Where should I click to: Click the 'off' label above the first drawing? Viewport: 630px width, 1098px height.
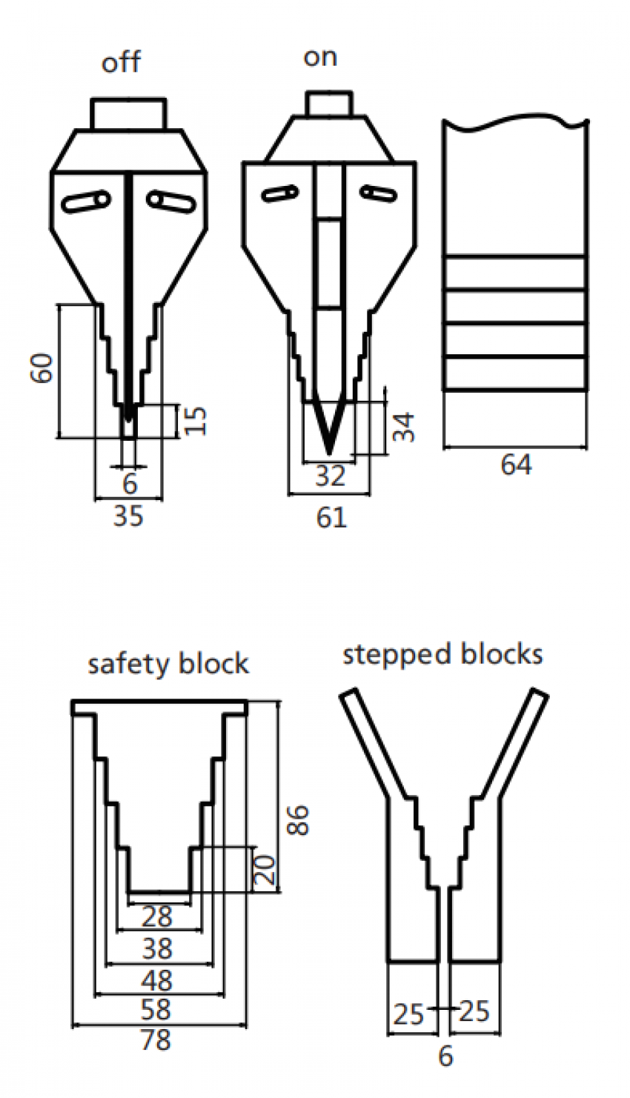click(x=121, y=62)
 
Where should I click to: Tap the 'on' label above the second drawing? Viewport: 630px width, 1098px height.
click(x=320, y=58)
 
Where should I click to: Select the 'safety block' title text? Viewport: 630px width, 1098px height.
click(x=168, y=663)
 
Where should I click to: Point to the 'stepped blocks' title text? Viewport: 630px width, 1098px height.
click(x=442, y=654)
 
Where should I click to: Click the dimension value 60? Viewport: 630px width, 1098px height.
click(x=44, y=368)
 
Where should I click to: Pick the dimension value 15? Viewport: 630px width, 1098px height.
click(x=195, y=420)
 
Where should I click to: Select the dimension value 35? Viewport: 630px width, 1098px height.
click(x=127, y=516)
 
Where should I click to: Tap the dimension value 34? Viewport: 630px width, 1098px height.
click(x=404, y=427)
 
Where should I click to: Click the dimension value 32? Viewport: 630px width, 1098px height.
click(x=330, y=476)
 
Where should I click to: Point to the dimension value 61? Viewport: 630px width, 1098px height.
click(x=331, y=516)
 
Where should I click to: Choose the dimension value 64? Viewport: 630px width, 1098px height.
click(x=516, y=465)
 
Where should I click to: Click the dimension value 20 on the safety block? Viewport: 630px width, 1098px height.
click(x=265, y=871)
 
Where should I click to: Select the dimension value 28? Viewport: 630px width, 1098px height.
click(x=156, y=917)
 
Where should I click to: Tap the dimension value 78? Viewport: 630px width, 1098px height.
click(x=156, y=1041)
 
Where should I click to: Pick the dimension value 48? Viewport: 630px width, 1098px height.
click(x=156, y=981)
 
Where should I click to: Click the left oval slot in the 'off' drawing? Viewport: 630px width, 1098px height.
click(x=87, y=201)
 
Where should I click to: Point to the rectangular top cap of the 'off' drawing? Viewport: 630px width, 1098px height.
click(x=128, y=113)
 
